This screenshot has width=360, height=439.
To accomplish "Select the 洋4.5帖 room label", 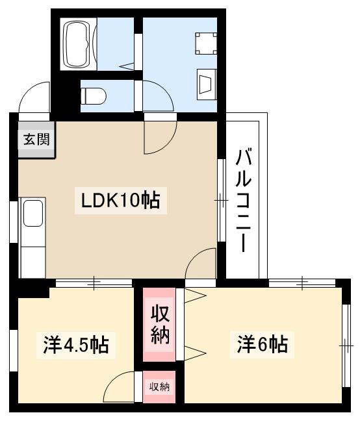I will pyautogui.click(x=76, y=344).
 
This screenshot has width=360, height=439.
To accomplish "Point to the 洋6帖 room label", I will pyautogui.click(x=261, y=344).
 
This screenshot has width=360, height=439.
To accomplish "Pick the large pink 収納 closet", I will pyautogui.click(x=160, y=325).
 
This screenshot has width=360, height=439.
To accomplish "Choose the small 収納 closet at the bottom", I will pyautogui.click(x=160, y=387).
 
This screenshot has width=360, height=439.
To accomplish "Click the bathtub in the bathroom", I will pyautogui.click(x=79, y=44).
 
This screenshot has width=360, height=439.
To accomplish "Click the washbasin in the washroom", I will pyautogui.click(x=207, y=84).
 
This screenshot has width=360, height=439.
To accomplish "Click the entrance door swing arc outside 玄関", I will pyautogui.click(x=34, y=99).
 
